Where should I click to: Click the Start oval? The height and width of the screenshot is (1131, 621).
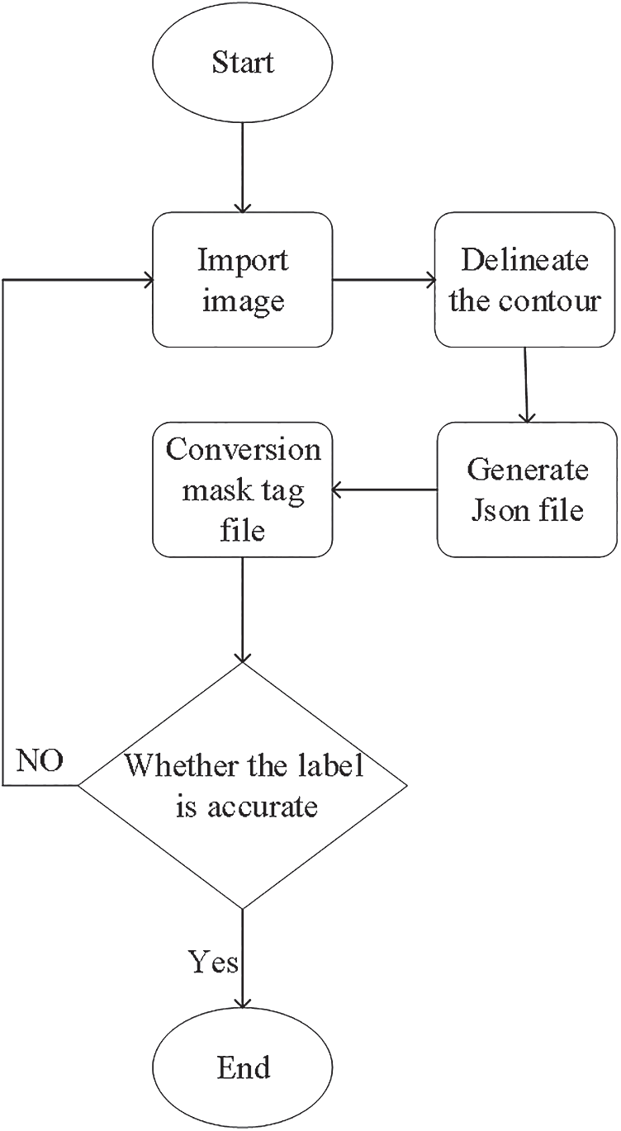242,63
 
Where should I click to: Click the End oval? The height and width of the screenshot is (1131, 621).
243,1068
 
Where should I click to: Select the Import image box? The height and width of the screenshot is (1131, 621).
242,279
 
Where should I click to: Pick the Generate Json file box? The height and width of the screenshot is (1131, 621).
527,490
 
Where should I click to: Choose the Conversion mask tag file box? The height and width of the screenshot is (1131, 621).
242,490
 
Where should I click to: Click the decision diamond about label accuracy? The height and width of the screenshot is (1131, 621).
243,785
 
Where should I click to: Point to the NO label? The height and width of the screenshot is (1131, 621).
40,761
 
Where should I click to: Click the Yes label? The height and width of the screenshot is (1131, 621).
213,962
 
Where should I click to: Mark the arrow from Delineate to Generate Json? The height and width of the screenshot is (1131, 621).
526,384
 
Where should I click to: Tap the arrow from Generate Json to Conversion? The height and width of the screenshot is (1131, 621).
383,490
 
